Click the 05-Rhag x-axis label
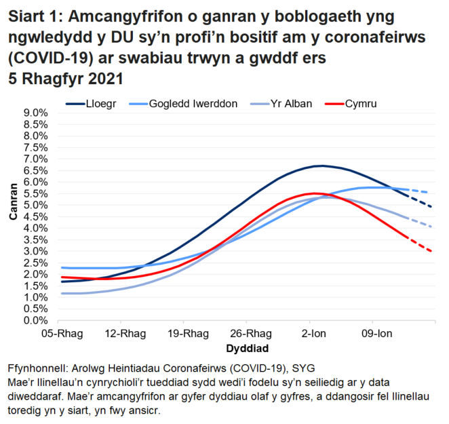point(58,334)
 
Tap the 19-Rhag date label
point(184,334)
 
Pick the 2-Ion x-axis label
point(310,334)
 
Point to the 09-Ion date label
point(372,334)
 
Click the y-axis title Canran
point(13,216)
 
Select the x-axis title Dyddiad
point(246,347)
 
